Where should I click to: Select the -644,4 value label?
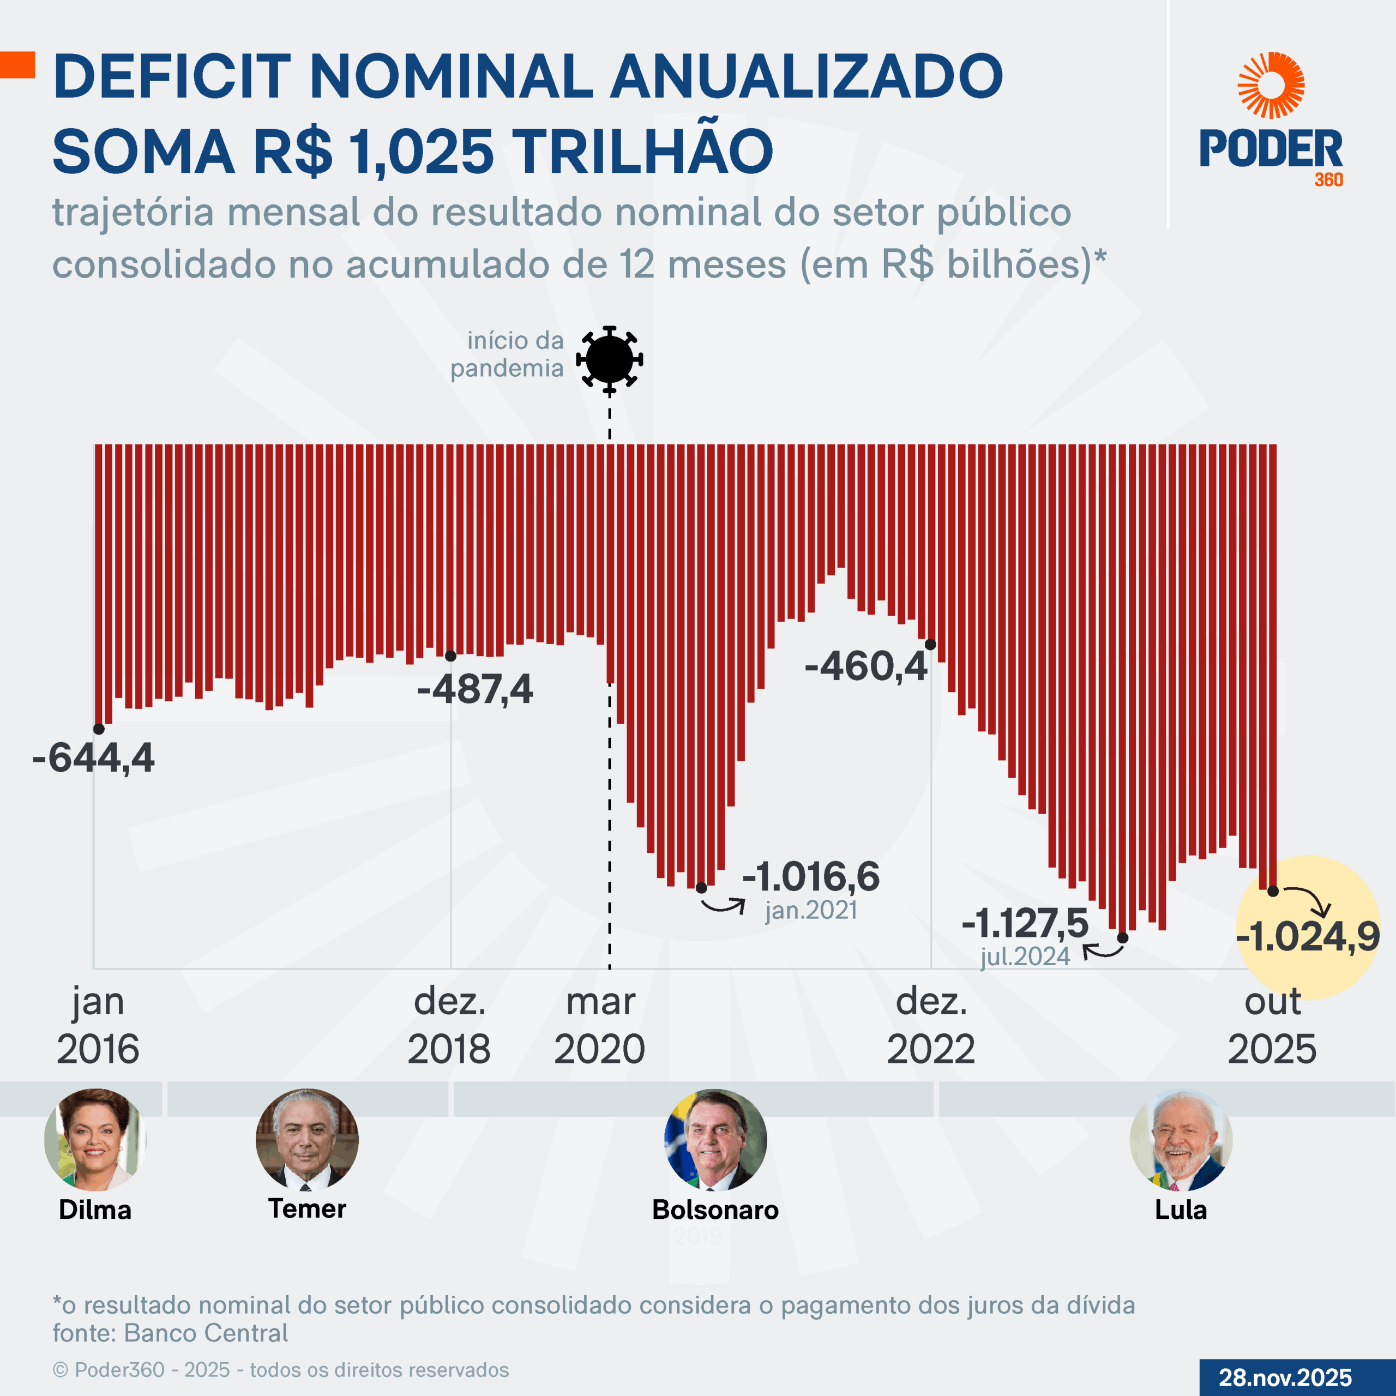pyautogui.click(x=93, y=758)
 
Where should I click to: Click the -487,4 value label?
pyautogui.click(x=475, y=689)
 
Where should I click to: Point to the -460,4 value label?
pyautogui.click(x=865, y=665)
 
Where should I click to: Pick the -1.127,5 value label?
pyautogui.click(x=1025, y=923)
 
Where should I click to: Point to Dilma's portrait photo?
pyautogui.click(x=95, y=1140)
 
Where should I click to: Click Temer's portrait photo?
pyautogui.click(x=307, y=1140)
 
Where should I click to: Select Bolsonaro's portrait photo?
pyautogui.click(x=715, y=1140)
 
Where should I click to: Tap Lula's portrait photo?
pyautogui.click(x=1181, y=1140)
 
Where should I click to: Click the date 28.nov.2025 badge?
pyautogui.click(x=1285, y=1377)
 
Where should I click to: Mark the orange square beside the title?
pyautogui.click(x=17, y=65)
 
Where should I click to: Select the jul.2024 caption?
pyautogui.click(x=1025, y=956)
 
